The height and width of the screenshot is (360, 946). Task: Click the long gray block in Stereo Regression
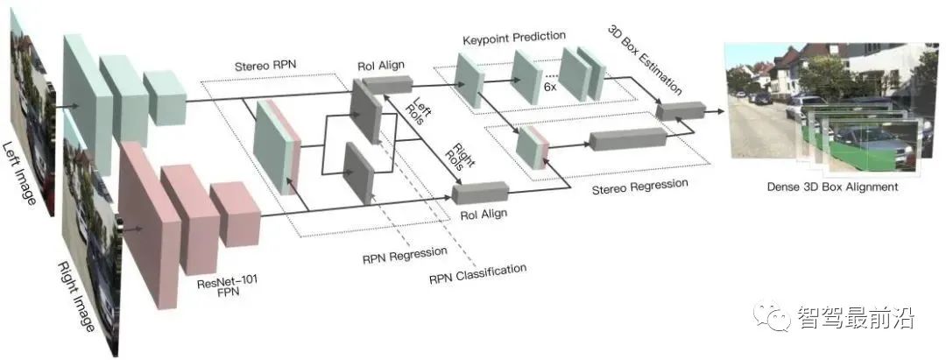coord(627,139)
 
